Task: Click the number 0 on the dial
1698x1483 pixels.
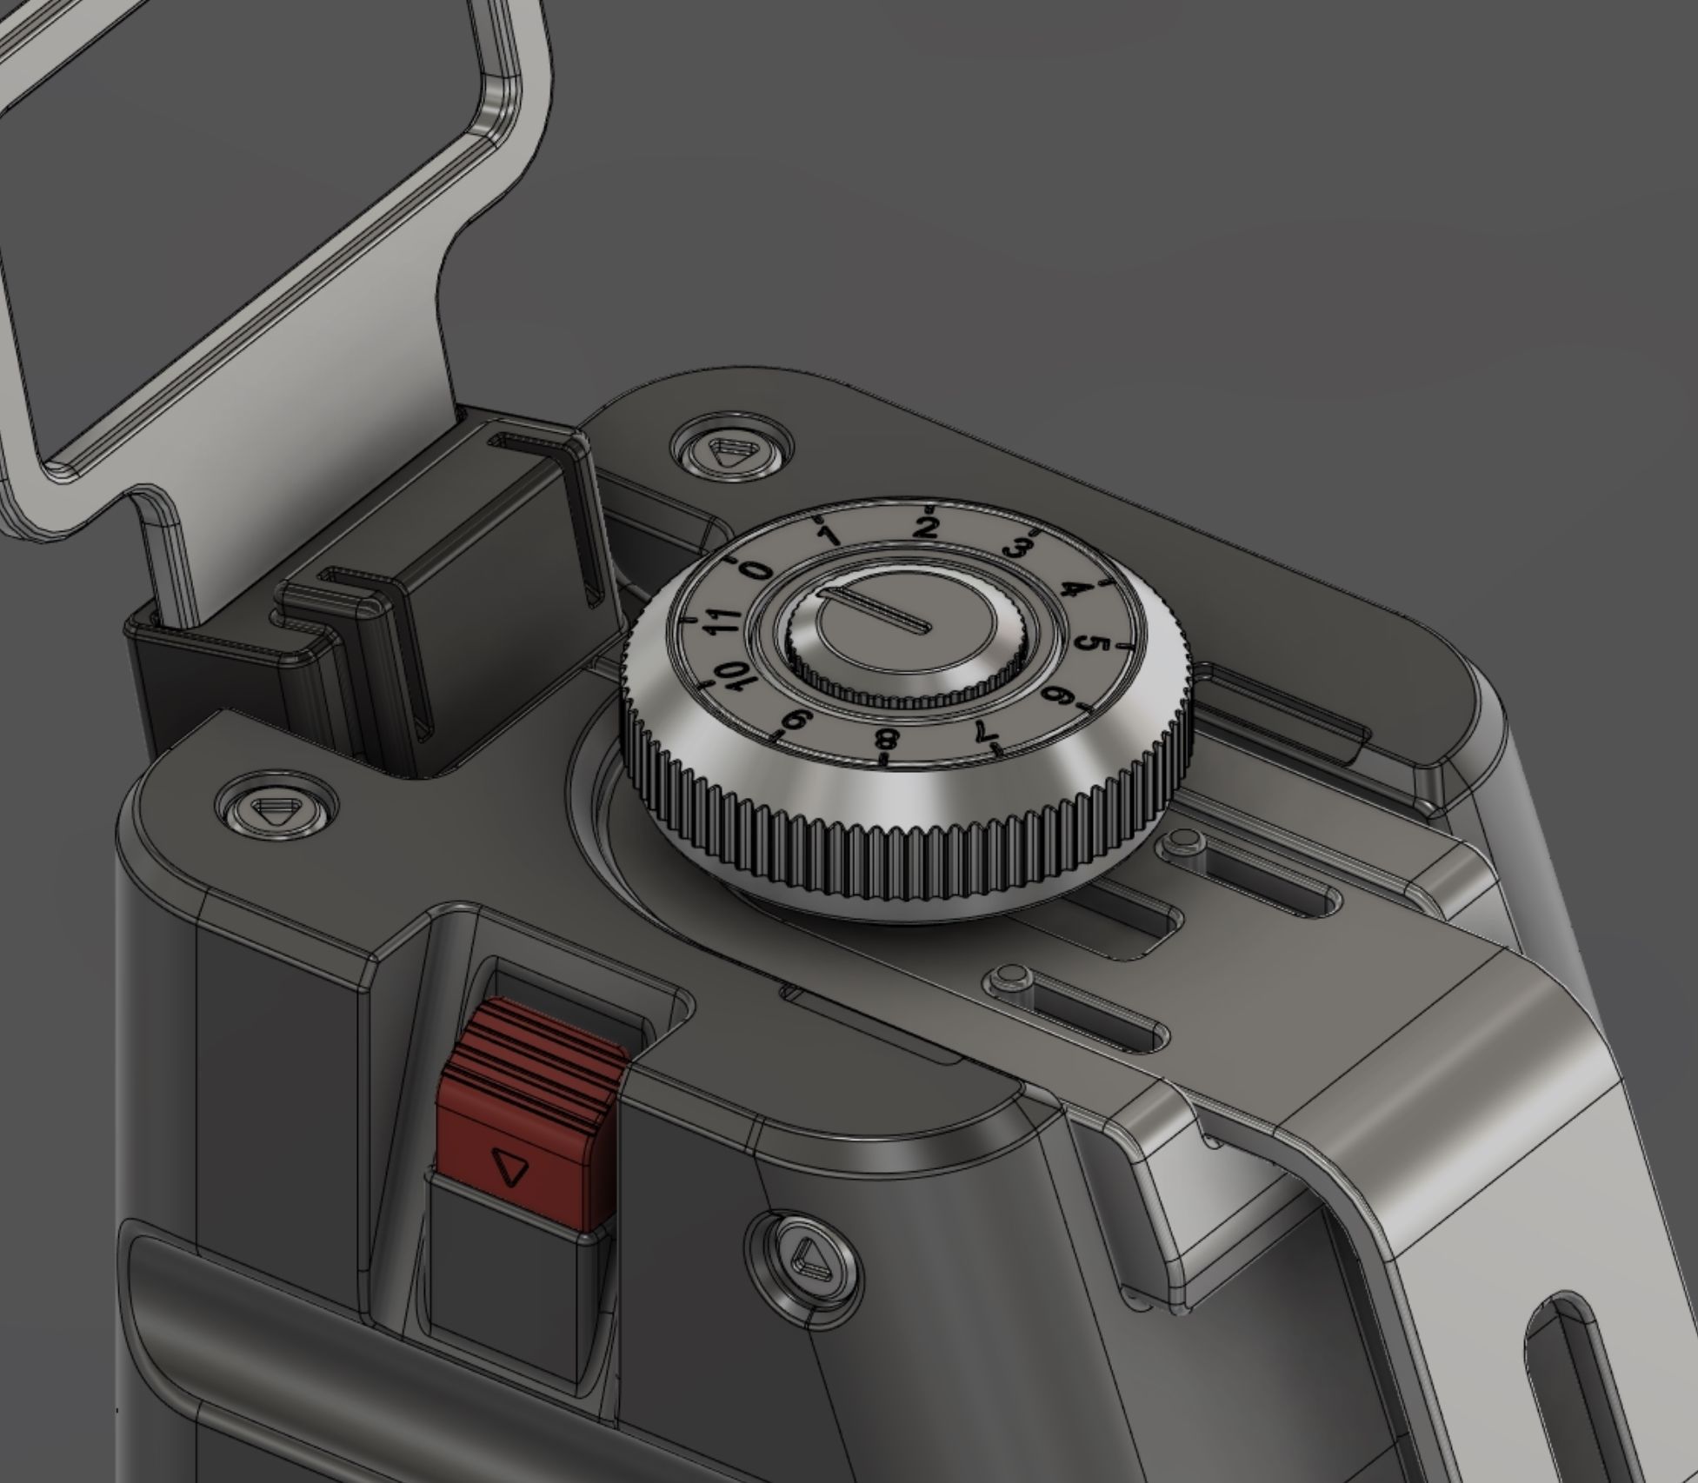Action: coord(756,570)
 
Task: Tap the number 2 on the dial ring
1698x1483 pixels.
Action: coord(929,526)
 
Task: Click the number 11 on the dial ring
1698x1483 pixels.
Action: coord(722,621)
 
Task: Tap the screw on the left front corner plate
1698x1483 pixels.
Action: coord(276,811)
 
